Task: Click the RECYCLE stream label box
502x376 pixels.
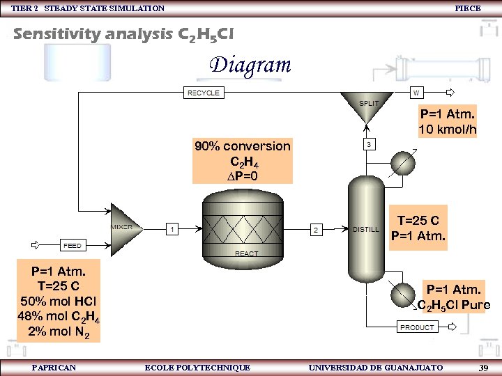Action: [203, 93]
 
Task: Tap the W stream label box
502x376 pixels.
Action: [416, 92]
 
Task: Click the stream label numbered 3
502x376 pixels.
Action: [369, 144]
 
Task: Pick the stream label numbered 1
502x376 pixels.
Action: [172, 228]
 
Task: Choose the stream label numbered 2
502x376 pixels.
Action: [316, 229]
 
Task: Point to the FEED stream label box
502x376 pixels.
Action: [73, 245]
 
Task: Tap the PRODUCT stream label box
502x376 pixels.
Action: [417, 327]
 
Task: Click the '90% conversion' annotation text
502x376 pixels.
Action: [242, 146]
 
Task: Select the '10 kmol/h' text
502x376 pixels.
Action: [447, 130]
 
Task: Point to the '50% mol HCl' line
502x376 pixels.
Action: [59, 301]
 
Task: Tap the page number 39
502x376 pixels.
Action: [483, 367]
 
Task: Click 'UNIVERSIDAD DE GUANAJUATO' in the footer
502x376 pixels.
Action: [375, 367]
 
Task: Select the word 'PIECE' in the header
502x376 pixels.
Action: [467, 8]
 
